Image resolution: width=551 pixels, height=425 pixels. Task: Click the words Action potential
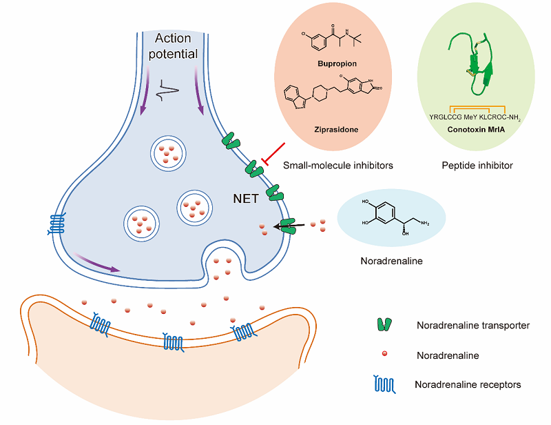pos(176,46)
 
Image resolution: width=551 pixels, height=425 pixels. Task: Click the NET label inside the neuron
pos(245,199)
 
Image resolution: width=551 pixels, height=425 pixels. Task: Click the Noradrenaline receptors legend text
pos(468,384)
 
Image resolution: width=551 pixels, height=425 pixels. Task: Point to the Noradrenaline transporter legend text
pos(473,325)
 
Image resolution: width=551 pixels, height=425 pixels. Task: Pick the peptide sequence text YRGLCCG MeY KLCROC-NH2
pos(476,117)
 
